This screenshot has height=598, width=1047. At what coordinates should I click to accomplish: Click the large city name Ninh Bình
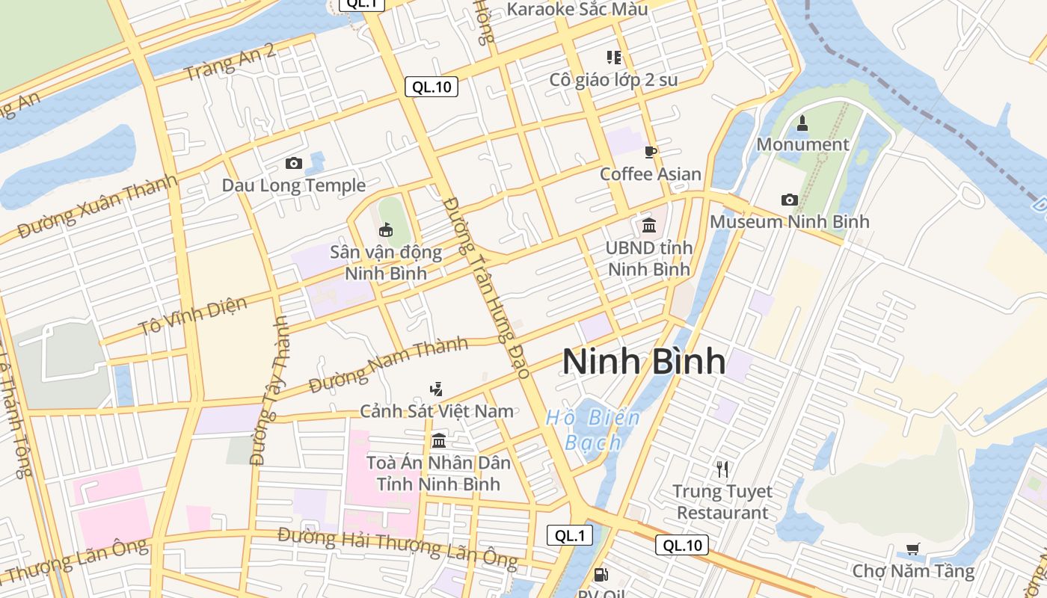(644, 362)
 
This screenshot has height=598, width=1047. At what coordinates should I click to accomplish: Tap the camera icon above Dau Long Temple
(294, 163)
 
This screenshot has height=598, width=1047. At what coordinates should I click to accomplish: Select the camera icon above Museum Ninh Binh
(789, 200)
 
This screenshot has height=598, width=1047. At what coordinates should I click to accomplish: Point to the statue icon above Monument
(802, 123)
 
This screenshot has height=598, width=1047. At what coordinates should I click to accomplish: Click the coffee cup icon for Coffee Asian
(650, 152)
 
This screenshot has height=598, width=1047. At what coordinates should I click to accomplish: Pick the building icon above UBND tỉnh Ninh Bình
(648, 224)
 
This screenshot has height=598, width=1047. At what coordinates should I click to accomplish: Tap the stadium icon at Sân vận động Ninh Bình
(386, 229)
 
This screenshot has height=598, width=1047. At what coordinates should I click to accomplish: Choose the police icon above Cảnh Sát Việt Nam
(437, 389)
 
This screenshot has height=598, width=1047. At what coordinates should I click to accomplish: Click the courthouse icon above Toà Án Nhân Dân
(438, 440)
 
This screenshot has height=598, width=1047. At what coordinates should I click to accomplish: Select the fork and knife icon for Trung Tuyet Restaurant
(722, 469)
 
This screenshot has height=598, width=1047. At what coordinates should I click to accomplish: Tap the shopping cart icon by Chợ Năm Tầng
(912, 549)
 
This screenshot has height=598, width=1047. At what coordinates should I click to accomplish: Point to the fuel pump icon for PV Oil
(600, 575)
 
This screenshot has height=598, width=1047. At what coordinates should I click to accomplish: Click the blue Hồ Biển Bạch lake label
(593, 430)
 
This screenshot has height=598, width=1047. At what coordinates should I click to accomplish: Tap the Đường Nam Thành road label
(388, 365)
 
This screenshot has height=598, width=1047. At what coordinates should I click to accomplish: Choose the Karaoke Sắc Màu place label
(577, 10)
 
